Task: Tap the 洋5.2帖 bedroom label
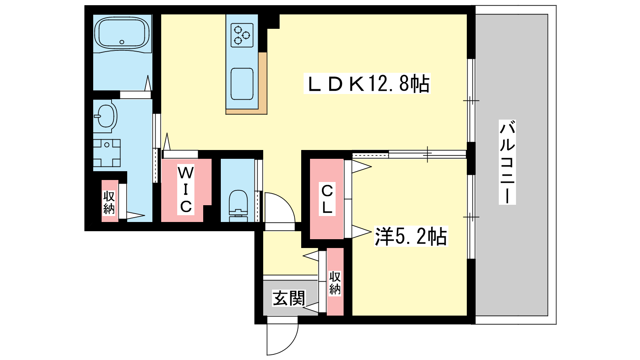click(x=411, y=236)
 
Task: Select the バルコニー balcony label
click(x=507, y=162)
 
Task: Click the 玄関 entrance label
click(x=289, y=298)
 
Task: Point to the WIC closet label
click(x=186, y=190)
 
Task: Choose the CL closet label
click(x=327, y=199)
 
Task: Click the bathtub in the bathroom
click(x=122, y=34)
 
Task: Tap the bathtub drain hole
click(x=122, y=42)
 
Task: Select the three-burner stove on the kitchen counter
click(x=242, y=35)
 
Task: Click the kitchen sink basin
click(x=242, y=84)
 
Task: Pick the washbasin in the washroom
click(x=106, y=116)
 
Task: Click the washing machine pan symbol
click(x=107, y=153)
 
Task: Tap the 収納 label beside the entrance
click(x=335, y=283)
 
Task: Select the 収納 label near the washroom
click(x=109, y=202)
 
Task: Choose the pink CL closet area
click(x=326, y=199)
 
